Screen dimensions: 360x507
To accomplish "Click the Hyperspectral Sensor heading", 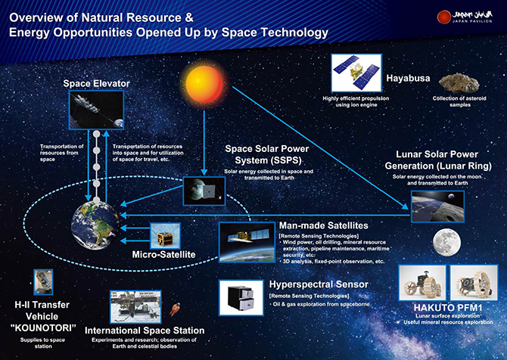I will click(x=319, y=284).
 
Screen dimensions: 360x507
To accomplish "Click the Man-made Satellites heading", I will click(x=324, y=225).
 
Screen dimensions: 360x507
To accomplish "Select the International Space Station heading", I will click(x=144, y=331).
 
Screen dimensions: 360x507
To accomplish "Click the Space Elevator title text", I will click(x=97, y=82).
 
